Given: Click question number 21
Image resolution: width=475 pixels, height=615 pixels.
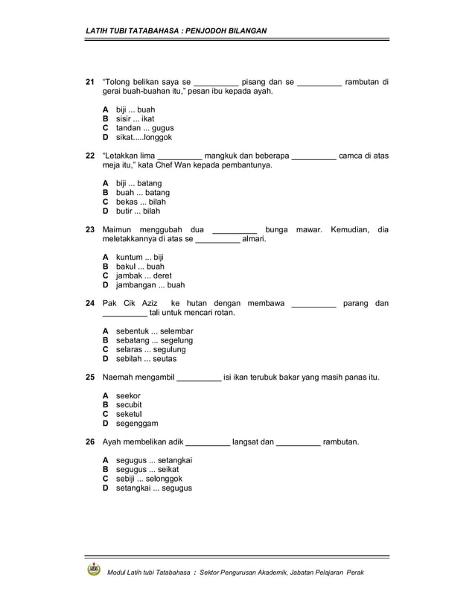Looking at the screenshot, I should point(90,82).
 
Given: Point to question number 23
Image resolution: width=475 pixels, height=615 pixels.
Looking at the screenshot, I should point(90,229).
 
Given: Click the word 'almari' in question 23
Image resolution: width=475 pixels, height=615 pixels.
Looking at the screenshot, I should point(254,239).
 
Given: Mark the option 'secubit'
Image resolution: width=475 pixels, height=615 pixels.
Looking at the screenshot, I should point(129,404).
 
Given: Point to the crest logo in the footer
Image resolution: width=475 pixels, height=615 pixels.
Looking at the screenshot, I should point(94,570).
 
